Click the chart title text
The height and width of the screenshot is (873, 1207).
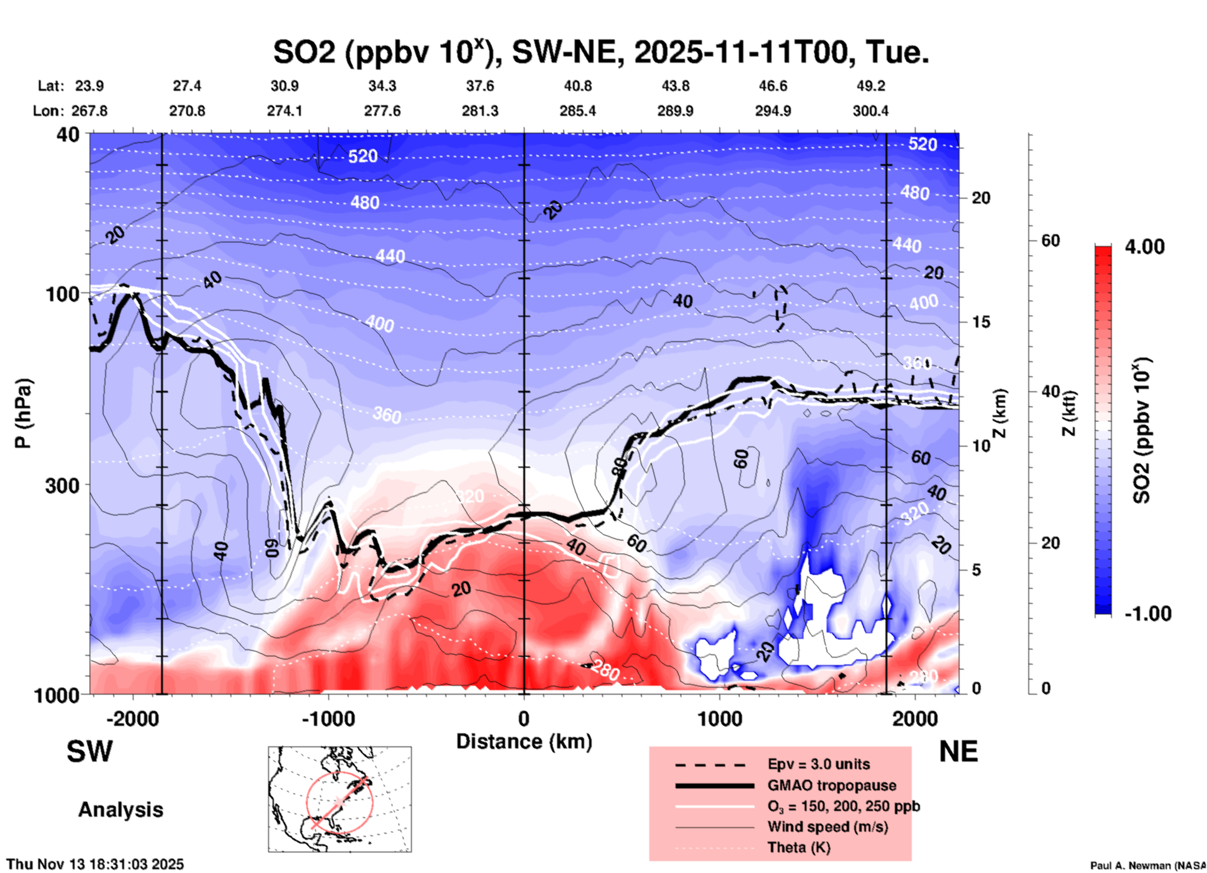pyautogui.click(x=600, y=52)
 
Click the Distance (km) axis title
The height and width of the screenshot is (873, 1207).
pyautogui.click(x=524, y=741)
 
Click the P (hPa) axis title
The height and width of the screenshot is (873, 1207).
pyautogui.click(x=23, y=413)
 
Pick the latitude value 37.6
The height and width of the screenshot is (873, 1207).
pyautogui.click(x=480, y=86)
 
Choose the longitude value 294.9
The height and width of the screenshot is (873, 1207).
pyautogui.click(x=773, y=111)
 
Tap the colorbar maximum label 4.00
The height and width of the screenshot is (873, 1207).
pyautogui.click(x=1144, y=247)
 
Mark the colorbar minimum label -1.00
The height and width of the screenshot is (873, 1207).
pyautogui.click(x=1147, y=614)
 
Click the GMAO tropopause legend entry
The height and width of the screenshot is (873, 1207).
pyautogui.click(x=832, y=785)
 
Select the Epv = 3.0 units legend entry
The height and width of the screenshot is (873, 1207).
pyautogui.click(x=818, y=764)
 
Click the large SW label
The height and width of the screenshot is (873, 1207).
pyautogui.click(x=90, y=752)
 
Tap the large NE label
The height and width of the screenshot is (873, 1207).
pyautogui.click(x=958, y=752)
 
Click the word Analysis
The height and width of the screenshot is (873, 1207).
pyautogui.click(x=120, y=810)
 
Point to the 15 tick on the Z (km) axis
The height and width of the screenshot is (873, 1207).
pyautogui.click(x=981, y=322)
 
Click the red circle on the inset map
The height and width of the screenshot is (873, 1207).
pyautogui.click(x=306, y=802)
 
